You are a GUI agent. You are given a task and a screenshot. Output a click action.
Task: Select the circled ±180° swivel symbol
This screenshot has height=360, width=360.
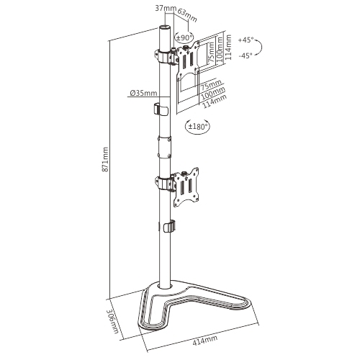(x=197, y=127)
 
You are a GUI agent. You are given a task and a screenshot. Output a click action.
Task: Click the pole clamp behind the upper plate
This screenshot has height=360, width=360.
(x=165, y=57)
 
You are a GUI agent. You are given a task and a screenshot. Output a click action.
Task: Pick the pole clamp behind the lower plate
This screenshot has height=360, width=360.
(x=165, y=183)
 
